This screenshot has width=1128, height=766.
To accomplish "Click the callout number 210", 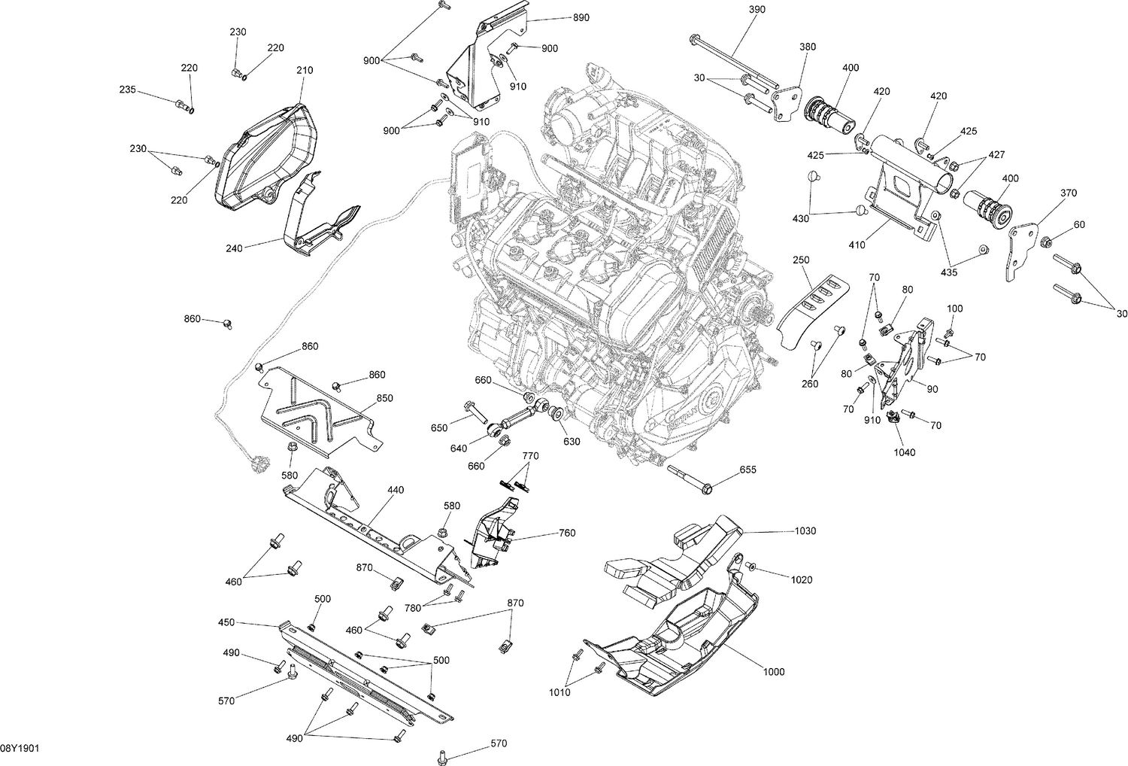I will click(305, 71).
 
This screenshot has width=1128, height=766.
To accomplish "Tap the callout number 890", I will click(581, 17).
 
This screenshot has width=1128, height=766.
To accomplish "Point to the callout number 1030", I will click(805, 531).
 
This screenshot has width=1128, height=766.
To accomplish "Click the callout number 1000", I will click(774, 672).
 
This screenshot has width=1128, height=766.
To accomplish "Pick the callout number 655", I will click(747, 470).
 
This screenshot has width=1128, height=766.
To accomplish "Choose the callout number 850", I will click(384, 398).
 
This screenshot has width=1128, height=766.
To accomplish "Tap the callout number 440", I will click(396, 490).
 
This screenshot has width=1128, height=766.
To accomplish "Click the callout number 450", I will click(226, 622).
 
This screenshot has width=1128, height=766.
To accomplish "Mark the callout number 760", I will click(567, 533).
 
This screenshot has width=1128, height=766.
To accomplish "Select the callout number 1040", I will click(905, 453).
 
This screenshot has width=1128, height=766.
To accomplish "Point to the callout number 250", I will click(801, 260).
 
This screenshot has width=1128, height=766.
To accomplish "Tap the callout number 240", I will click(234, 248).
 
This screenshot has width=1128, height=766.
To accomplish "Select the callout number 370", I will click(1069, 193).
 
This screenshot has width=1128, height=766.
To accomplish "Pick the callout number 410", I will click(857, 245).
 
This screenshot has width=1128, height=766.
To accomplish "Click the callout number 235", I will click(127, 90).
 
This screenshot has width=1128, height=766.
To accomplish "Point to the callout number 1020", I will click(802, 580).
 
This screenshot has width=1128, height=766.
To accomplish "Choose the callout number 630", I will click(572, 442).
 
